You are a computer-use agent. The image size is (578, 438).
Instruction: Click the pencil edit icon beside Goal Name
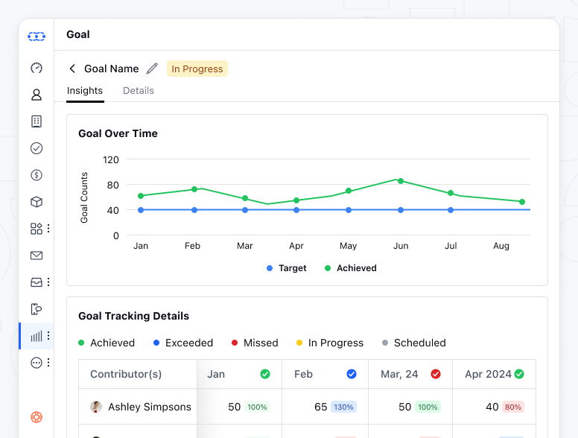tap(152, 69)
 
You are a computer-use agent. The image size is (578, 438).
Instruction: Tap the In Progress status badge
tap(197, 69)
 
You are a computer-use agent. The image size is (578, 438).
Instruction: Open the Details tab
tap(139, 90)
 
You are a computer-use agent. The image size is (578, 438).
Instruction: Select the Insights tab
tap(85, 90)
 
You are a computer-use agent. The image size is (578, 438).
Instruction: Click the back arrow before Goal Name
tap(72, 69)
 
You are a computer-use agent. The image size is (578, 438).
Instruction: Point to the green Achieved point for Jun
tap(400, 180)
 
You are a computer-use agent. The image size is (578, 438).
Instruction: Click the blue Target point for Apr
tap(296, 210)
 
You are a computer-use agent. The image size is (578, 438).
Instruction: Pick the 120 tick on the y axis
tap(111, 159)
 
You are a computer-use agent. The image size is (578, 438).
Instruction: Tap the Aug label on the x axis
tap(501, 246)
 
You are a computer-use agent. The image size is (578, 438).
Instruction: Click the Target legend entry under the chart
tap(287, 268)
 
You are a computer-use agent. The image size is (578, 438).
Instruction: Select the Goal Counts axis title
tap(84, 197)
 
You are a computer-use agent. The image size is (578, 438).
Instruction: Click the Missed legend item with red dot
tap(254, 343)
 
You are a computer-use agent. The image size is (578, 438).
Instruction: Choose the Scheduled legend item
tap(413, 343)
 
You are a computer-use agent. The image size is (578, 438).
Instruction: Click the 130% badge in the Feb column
tap(345, 407)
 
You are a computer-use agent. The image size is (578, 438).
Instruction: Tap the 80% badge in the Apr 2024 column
tap(513, 407)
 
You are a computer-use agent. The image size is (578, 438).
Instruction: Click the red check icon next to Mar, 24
tap(436, 374)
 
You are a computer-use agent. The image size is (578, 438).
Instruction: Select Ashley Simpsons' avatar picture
tap(96, 407)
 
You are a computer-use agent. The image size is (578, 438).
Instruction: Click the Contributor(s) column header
tap(126, 374)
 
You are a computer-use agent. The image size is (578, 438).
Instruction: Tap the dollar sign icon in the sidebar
tap(36, 175)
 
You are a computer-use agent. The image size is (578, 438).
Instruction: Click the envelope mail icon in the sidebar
tap(36, 256)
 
